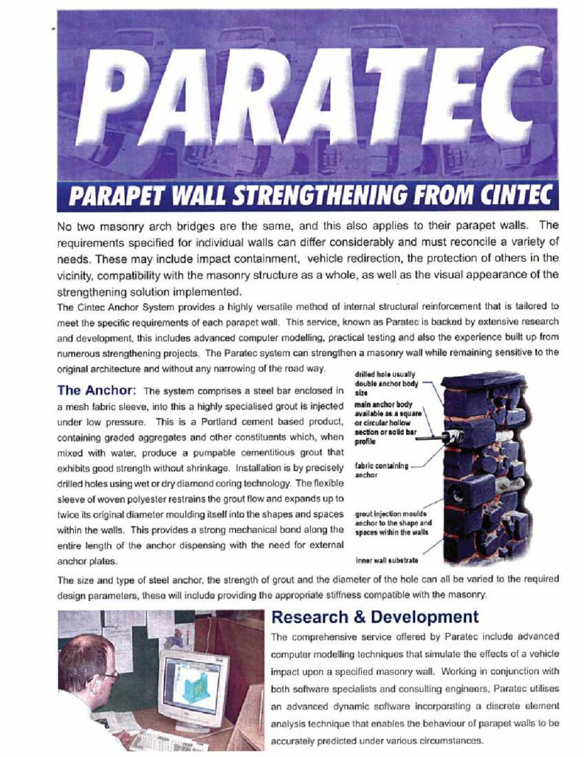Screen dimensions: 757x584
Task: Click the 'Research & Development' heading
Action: click(x=374, y=617)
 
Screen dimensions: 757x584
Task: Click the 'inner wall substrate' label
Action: click(x=387, y=560)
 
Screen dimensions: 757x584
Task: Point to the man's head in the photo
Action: click(x=86, y=663)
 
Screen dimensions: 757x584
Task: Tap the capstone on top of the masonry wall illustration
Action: click(x=484, y=381)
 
